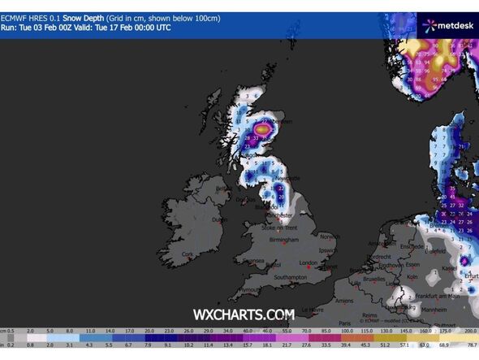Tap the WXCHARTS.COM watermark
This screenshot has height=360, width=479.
coord(243,314)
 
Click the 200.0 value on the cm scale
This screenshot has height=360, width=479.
coord(468,332)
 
